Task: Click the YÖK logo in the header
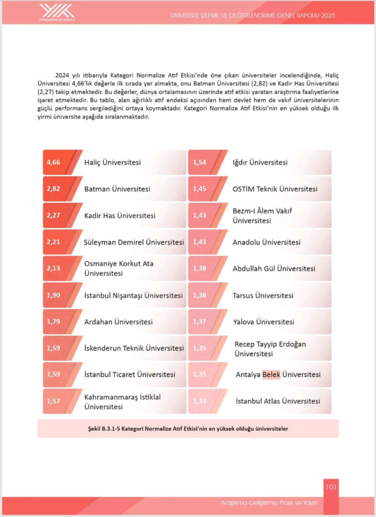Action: [x=57, y=12]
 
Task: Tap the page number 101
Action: [x=331, y=487]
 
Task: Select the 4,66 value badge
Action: [x=54, y=163]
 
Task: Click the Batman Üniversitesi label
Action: [x=117, y=189]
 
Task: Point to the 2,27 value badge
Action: [x=54, y=216]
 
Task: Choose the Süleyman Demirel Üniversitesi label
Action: [x=133, y=242]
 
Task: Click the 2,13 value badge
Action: [x=54, y=269]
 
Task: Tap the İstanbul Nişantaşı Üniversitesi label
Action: [x=133, y=295]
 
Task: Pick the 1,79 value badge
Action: [x=54, y=322]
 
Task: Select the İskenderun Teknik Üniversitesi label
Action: [x=134, y=348]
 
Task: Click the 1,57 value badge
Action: [x=54, y=401]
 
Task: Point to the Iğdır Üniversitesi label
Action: [x=260, y=163]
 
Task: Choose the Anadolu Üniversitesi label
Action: [x=266, y=242]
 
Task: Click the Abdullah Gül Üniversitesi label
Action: [x=274, y=269]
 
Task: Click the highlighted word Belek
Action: [x=271, y=375]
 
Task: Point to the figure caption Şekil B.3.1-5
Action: [x=188, y=428]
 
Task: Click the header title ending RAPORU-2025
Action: [x=253, y=15]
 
